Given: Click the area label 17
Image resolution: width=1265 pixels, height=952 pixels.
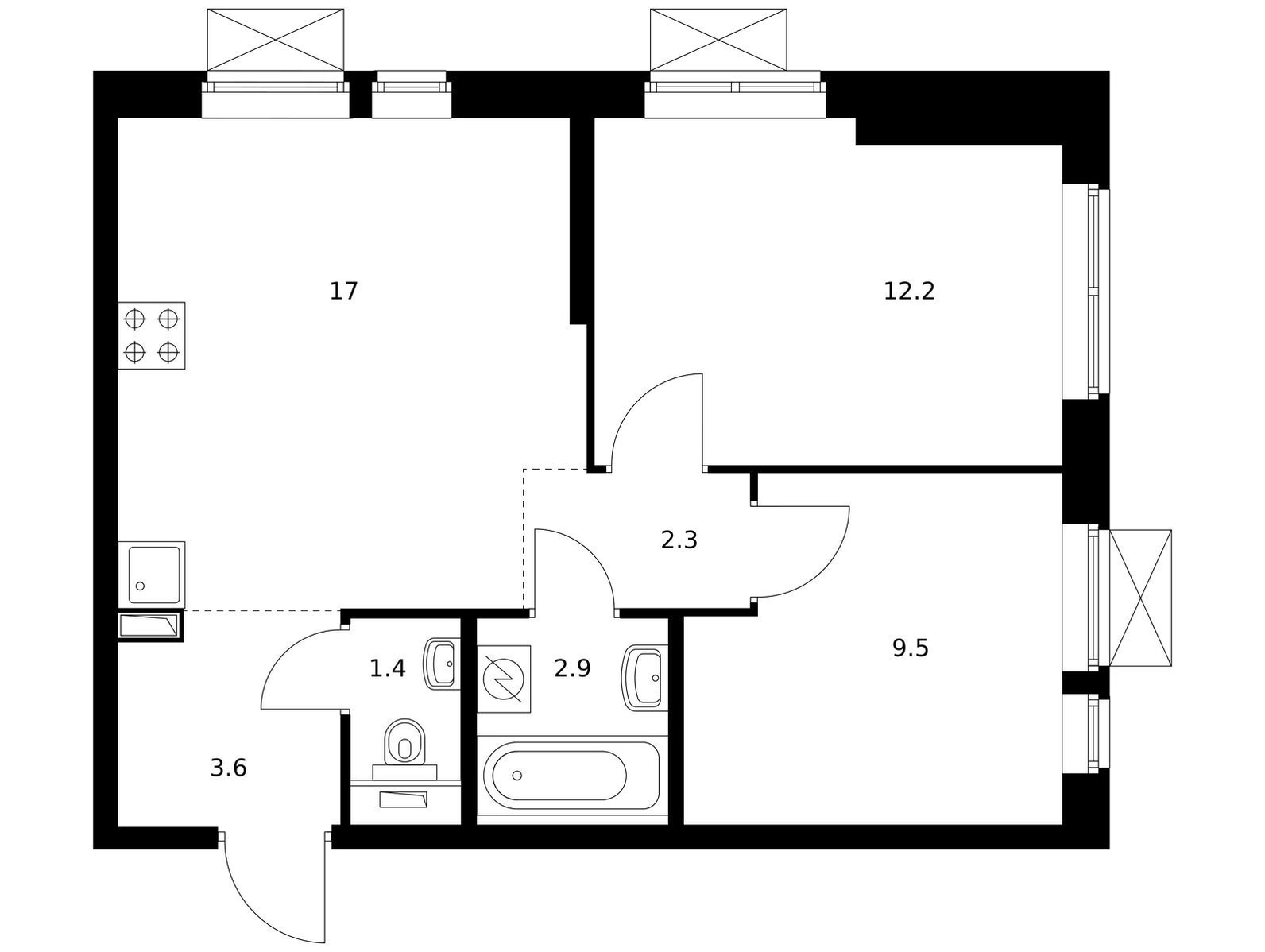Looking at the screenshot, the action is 343,291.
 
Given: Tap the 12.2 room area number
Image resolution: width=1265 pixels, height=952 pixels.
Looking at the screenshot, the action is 909,291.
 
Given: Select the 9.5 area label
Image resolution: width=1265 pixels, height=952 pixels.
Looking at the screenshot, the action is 911,648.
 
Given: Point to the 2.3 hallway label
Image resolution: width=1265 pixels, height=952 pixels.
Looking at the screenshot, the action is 679,540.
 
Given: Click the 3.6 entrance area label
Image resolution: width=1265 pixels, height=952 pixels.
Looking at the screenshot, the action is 228,768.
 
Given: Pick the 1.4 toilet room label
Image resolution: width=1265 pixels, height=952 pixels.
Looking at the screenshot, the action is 387,668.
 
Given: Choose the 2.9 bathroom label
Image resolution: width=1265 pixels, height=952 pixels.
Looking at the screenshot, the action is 572,668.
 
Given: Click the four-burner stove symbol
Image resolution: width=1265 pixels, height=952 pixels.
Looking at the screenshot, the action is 152,335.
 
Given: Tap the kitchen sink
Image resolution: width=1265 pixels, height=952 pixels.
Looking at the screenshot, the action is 152,575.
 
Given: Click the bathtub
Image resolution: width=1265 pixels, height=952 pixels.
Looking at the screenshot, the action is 571,775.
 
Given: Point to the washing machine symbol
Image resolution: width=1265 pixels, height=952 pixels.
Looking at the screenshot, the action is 504,679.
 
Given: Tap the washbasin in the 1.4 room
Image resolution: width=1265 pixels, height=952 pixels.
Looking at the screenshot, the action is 442,664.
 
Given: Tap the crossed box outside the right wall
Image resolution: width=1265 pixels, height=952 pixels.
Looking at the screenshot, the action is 1140,598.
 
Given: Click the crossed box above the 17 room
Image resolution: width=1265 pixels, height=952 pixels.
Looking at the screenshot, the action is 276,40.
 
